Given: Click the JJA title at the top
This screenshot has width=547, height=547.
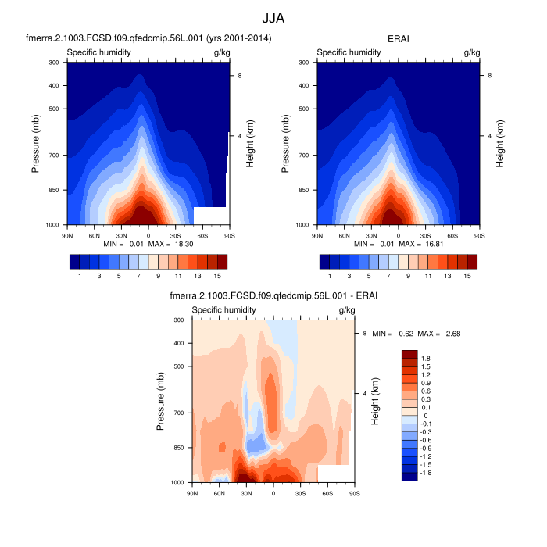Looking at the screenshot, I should (273, 15).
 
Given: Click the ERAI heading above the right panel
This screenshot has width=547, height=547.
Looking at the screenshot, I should (399, 38).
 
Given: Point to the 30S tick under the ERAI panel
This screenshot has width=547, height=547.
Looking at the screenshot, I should (426, 234).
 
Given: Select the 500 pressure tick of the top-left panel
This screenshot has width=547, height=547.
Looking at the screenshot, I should (55, 109).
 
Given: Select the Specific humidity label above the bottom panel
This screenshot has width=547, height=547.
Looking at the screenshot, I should (224, 310).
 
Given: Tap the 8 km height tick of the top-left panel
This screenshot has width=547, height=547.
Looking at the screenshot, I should (240, 75).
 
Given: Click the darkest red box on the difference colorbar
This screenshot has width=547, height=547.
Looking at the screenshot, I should (410, 355).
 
